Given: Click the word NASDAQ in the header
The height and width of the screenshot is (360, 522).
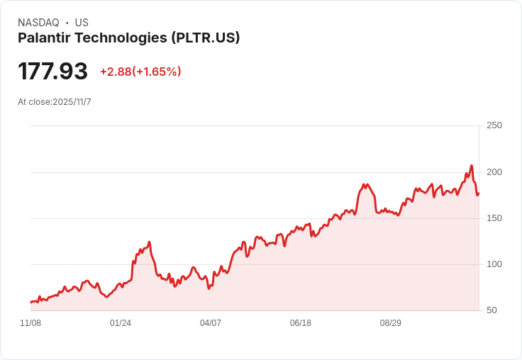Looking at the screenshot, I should click(38, 23).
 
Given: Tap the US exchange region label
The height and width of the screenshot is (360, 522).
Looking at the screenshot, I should click(82, 23).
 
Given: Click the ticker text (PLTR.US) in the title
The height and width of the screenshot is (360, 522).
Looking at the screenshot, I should click(206, 38).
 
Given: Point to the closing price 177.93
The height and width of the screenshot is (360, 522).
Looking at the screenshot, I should click(52, 72).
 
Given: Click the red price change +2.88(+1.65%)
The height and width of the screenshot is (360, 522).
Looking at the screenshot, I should click(140, 72).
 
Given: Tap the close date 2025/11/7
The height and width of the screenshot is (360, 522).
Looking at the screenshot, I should click(72, 102).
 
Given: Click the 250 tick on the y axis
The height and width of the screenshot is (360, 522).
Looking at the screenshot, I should click(494, 125).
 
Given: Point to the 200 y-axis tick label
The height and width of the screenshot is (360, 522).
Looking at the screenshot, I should click(494, 172).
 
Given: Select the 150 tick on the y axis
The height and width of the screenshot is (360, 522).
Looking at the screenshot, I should click(494, 218).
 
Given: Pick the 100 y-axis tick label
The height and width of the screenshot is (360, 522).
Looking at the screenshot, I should click(494, 264).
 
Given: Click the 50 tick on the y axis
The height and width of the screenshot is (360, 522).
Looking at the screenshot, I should click(492, 310).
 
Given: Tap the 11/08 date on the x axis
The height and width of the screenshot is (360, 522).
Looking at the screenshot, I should click(30, 323).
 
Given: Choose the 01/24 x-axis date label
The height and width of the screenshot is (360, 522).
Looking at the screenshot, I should click(121, 323).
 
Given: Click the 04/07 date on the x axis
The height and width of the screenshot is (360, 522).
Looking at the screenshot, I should click(211, 323).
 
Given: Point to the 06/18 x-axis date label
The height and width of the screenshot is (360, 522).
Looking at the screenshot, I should click(301, 323).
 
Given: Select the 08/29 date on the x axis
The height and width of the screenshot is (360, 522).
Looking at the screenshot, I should click(391, 323).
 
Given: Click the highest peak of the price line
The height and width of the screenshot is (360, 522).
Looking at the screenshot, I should click(471, 166).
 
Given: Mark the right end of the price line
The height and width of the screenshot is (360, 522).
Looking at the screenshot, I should click(479, 193).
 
